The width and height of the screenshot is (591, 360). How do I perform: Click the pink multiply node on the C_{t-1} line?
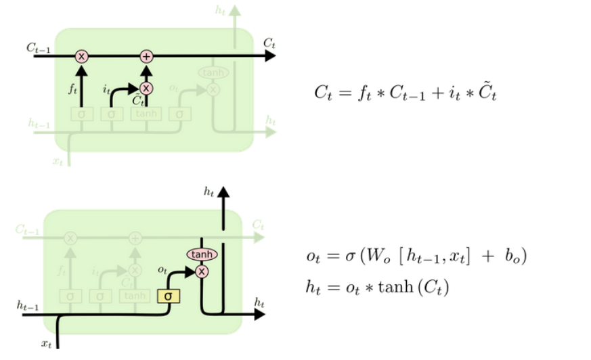tap(81, 56)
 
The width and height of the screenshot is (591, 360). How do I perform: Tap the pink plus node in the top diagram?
tap(146, 56)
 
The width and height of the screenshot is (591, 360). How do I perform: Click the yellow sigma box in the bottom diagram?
tap(167, 296)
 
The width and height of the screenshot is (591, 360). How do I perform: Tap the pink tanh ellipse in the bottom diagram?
tap(201, 254)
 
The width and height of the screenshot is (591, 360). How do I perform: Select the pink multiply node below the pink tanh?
tap(201, 271)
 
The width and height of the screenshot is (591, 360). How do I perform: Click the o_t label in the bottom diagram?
tap(162, 269)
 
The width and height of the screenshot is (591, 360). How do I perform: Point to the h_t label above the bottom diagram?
tap(209, 192)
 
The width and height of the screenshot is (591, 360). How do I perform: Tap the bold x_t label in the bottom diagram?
tap(46, 344)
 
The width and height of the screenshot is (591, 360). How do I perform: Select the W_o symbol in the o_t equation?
tap(374, 257)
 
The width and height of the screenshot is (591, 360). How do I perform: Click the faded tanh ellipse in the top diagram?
tap(213, 72)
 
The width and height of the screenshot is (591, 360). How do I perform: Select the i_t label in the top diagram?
tap(106, 88)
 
